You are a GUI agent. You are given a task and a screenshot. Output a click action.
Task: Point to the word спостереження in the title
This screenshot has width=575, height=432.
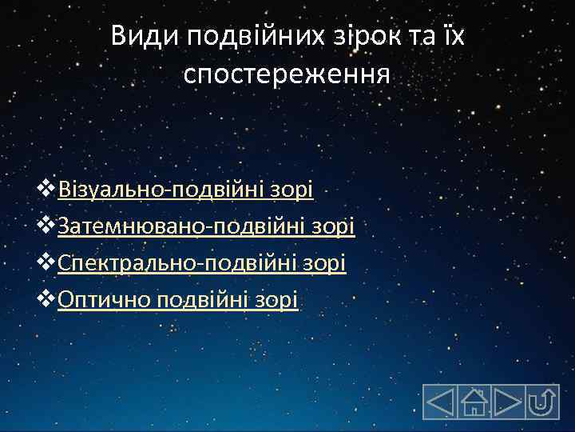point(287,74)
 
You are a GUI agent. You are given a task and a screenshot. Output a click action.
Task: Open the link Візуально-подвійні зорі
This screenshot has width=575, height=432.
point(186,190)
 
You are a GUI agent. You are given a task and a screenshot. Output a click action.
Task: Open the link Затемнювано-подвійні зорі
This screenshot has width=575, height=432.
point(206,226)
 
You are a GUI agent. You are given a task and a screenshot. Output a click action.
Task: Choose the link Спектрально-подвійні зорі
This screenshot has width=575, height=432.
point(202,263)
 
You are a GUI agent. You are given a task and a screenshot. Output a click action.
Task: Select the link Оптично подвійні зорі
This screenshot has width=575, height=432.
point(178,300)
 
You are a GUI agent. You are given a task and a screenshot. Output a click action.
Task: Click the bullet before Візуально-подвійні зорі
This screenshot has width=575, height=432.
point(48,190)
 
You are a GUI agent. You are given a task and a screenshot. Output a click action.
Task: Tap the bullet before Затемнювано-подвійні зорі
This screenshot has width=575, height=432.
point(48,226)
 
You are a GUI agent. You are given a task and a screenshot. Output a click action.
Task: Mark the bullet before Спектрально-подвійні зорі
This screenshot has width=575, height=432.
point(48,263)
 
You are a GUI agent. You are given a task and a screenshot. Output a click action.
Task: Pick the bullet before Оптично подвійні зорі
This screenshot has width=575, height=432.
point(48,300)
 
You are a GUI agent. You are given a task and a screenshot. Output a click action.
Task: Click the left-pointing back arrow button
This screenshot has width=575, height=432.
point(439,402)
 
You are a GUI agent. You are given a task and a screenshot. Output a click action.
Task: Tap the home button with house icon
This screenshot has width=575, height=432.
point(474,402)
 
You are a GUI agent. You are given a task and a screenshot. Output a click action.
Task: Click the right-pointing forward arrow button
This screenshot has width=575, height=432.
point(507,402)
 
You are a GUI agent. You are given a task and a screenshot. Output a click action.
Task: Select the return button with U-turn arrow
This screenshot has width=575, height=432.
point(542,402)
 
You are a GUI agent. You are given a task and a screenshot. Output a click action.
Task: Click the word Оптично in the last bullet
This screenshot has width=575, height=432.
point(105,300)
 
